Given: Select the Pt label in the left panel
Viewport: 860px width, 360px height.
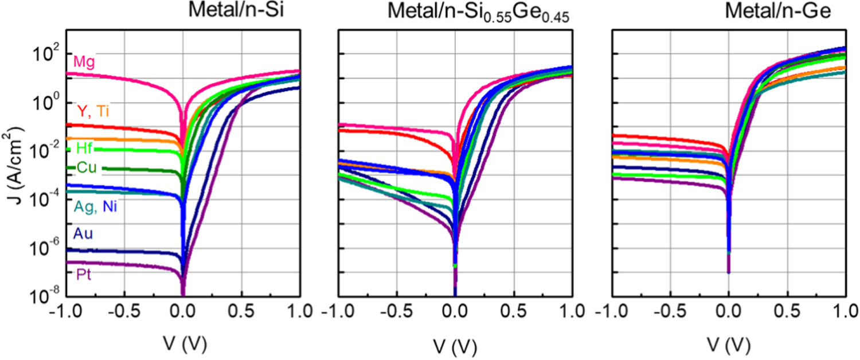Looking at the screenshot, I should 84,275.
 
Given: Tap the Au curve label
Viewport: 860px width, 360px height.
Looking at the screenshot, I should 83,233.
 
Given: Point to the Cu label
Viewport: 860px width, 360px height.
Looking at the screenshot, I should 89,167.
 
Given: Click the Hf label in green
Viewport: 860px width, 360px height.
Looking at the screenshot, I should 84,148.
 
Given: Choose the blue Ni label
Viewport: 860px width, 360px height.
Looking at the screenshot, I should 110,207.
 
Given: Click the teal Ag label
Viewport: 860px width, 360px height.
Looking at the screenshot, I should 86,207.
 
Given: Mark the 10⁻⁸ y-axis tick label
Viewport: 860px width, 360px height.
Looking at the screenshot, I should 45,298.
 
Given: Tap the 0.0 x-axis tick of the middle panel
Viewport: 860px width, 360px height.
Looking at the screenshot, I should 455,313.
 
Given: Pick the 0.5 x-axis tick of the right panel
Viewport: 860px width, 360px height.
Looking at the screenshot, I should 787,313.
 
